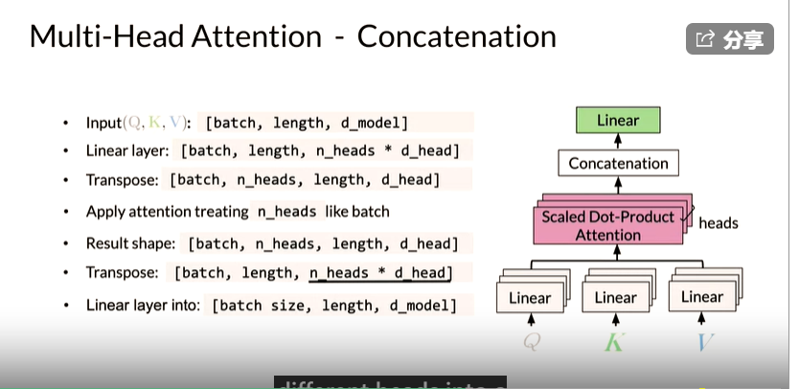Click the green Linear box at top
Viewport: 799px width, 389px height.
click(x=618, y=121)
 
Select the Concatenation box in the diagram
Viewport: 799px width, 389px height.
click(x=618, y=163)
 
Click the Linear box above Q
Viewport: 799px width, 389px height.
click(x=529, y=298)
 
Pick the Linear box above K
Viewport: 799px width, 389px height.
click(x=615, y=298)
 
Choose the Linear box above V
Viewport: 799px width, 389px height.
click(x=701, y=298)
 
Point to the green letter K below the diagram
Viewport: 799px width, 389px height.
click(x=614, y=341)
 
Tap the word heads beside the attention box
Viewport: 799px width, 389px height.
click(x=719, y=223)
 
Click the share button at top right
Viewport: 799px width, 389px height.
click(x=730, y=39)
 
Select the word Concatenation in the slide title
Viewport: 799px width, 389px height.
click(x=456, y=36)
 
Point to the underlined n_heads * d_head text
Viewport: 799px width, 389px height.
click(x=377, y=273)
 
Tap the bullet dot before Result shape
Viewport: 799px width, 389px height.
click(x=65, y=243)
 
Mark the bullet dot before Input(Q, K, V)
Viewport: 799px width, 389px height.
click(x=65, y=123)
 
